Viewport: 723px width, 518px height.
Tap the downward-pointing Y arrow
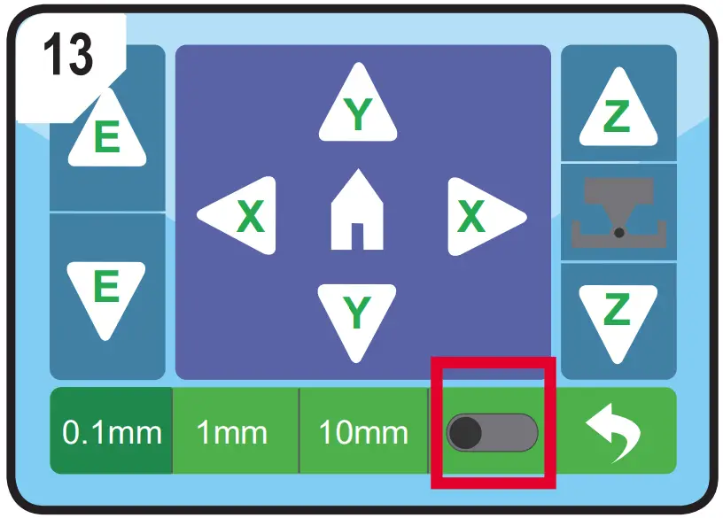(x=357, y=315)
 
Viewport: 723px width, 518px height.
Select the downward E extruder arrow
(x=106, y=291)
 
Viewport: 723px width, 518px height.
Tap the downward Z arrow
(x=618, y=314)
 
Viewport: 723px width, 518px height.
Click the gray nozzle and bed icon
(x=618, y=213)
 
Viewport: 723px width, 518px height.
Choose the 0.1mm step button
(x=112, y=433)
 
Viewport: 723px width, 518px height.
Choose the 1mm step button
(x=232, y=433)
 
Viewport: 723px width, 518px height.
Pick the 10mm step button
(x=363, y=433)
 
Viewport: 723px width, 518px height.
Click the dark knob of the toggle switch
(x=466, y=433)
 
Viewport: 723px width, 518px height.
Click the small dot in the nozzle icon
(x=619, y=232)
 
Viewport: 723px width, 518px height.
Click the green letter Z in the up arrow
(x=618, y=119)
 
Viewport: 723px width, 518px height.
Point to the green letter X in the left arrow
(x=251, y=216)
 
